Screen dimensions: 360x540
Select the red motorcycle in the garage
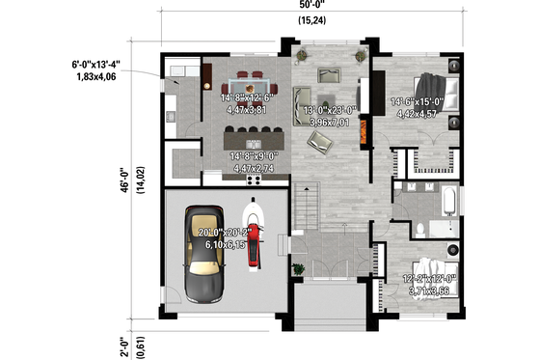coord(255,233)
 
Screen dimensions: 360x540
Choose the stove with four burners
coord(256,178)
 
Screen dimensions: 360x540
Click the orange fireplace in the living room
coord(364,132)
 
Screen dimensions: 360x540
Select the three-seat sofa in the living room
coord(301,97)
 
